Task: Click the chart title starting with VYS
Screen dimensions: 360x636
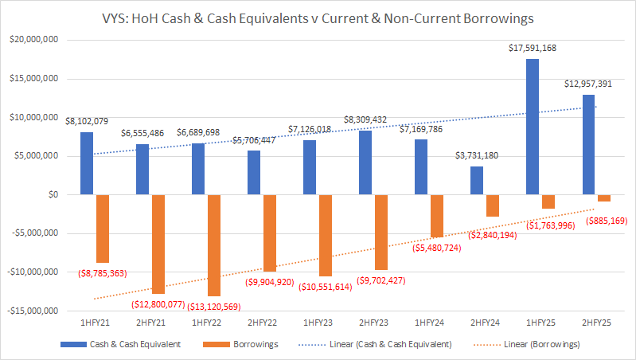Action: tap(318, 16)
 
